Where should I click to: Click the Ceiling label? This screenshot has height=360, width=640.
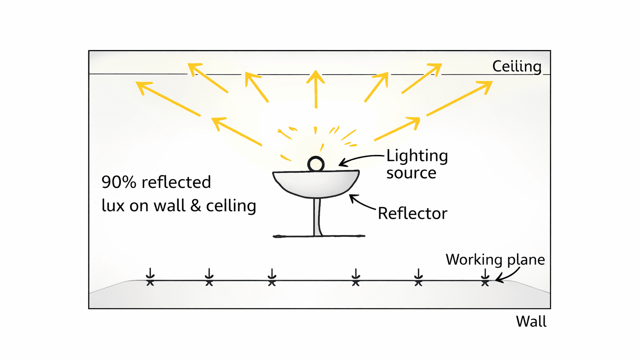point(517,66)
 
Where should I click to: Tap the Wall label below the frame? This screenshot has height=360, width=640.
point(531,321)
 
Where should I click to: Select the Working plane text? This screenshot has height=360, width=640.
point(495,260)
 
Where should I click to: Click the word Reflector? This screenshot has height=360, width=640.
point(412,213)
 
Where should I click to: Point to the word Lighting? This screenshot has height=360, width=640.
point(417,156)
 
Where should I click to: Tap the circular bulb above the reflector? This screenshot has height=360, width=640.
point(316,164)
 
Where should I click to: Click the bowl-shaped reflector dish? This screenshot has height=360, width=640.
point(316,183)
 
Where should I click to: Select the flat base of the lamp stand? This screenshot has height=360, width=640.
point(319,236)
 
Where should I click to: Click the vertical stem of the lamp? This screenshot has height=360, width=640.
point(317,217)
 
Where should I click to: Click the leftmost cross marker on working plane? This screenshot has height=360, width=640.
point(150,282)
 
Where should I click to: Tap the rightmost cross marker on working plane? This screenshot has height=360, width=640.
point(485,282)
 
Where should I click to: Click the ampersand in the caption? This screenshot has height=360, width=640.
point(196,205)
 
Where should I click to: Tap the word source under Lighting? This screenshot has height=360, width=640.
point(411,173)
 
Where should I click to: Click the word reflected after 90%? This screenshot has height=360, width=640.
point(176,182)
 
